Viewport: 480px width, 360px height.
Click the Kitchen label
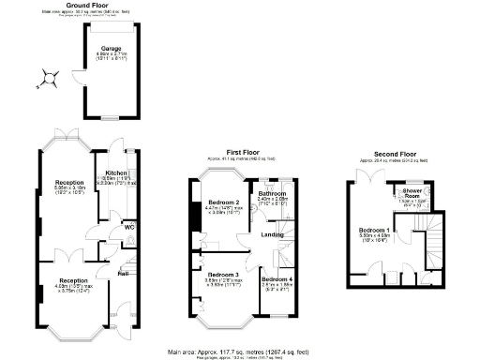point(116,172)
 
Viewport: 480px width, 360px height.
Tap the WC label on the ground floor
point(116,226)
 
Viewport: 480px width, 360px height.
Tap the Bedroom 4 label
point(276,279)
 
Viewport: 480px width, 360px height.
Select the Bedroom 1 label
point(373,230)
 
